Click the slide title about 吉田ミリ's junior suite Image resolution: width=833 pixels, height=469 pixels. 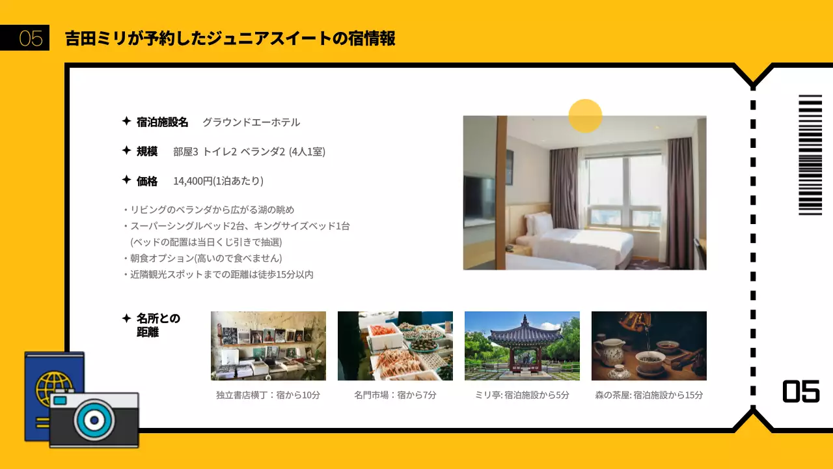[230, 38]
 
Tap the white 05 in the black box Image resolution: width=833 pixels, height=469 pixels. [31, 38]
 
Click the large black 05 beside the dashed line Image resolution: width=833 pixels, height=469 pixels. [800, 391]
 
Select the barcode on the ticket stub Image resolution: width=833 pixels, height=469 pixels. [810, 155]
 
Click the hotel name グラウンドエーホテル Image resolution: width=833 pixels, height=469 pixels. [251, 122]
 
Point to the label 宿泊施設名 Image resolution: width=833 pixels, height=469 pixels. [162, 122]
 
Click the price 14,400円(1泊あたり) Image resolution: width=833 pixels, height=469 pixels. [218, 180]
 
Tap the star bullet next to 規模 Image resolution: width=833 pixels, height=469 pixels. [126, 150]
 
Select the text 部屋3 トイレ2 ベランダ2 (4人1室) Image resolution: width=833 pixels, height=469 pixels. [249, 151]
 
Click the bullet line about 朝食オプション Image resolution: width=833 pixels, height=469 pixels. [206, 258]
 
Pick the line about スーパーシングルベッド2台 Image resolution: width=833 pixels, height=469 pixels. [239, 226]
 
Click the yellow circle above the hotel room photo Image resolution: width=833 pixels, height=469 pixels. [585, 116]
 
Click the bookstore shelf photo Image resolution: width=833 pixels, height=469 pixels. [268, 346]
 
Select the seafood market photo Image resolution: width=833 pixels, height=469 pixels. [395, 346]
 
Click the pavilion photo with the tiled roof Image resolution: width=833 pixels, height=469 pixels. [522, 346]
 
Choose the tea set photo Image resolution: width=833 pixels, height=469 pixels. [649, 346]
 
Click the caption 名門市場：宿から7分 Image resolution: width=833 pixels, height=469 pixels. [395, 395]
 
